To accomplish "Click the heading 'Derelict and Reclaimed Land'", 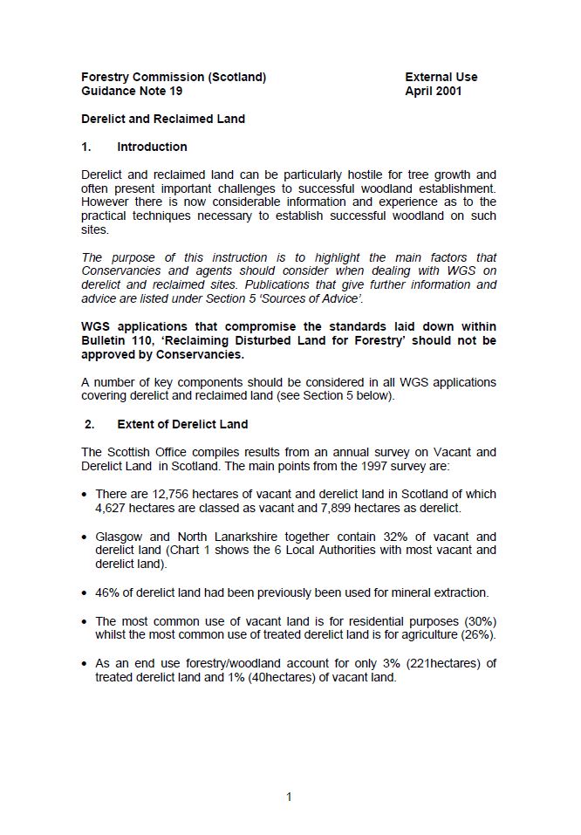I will point(163,119).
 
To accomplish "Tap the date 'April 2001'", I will point(434,91).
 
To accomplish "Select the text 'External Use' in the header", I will point(441,77).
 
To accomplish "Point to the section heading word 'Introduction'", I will point(152,147).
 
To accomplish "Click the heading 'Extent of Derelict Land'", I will point(182,424).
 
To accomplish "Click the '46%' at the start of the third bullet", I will point(107,592).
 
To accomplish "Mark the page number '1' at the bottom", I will point(289,796).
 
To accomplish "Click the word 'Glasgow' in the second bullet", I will point(120,537).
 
